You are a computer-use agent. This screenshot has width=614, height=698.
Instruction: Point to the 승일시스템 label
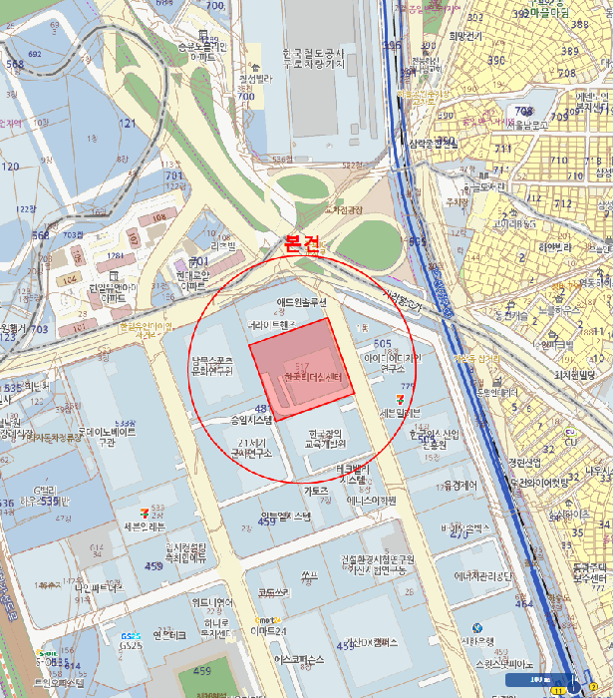[251, 421]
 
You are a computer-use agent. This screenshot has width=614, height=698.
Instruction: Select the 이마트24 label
[267, 631]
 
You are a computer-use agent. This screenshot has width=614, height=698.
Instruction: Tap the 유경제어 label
[460, 486]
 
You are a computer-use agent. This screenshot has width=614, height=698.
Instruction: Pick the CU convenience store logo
[44, 656]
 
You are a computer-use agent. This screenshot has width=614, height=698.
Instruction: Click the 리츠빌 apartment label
[220, 244]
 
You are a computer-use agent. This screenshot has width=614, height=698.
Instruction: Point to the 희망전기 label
[465, 36]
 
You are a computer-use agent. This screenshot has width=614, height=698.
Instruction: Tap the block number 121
[128, 123]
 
